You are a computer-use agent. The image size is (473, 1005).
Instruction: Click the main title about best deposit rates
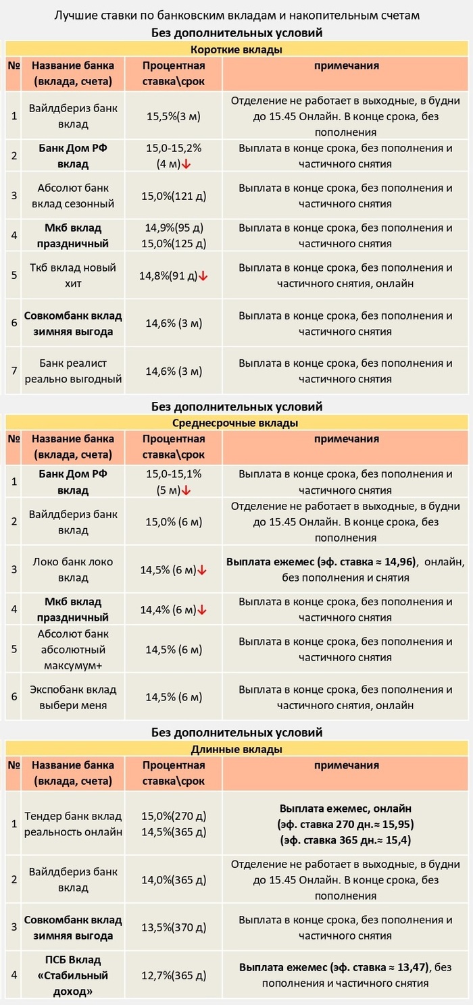click(x=236, y=15)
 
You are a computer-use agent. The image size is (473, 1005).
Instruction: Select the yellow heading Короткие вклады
click(x=236, y=49)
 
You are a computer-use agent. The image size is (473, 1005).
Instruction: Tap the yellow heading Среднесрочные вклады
click(x=236, y=423)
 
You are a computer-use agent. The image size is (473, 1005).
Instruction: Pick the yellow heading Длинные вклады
click(x=236, y=749)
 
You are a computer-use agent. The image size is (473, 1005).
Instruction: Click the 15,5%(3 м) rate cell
click(x=174, y=116)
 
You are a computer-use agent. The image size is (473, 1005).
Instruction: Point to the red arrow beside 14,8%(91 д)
click(x=203, y=276)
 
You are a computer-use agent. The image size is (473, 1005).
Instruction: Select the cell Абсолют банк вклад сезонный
click(x=73, y=196)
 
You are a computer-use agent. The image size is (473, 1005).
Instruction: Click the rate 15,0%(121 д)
click(x=174, y=196)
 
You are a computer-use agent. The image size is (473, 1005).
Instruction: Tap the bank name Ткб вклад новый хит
click(x=73, y=276)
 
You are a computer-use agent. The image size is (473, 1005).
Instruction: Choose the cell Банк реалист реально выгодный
click(x=73, y=371)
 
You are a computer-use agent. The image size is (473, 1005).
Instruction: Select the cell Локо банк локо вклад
click(x=73, y=570)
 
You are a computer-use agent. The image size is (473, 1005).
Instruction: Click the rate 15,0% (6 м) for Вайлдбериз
click(x=174, y=522)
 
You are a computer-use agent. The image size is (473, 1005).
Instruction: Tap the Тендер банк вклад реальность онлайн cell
click(x=73, y=824)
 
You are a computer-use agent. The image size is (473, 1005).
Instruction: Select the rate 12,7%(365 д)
click(x=174, y=975)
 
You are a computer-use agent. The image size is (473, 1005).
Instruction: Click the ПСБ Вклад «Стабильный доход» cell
click(x=73, y=975)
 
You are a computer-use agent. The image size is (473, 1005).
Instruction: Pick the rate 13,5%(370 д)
click(x=174, y=928)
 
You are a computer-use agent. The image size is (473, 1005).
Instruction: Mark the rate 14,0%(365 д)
click(x=174, y=880)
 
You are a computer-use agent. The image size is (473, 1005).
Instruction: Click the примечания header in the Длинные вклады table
click(x=346, y=766)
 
